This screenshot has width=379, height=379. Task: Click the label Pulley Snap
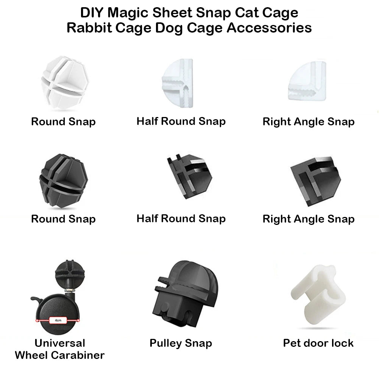181,343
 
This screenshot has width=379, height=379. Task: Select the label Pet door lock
318,343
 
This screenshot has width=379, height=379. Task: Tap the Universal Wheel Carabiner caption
59,349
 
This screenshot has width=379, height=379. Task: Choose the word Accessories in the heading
269,28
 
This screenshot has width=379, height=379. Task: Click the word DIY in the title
92,13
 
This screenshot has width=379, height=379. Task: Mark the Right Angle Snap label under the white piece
308,122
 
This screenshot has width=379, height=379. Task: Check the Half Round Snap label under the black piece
181,218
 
